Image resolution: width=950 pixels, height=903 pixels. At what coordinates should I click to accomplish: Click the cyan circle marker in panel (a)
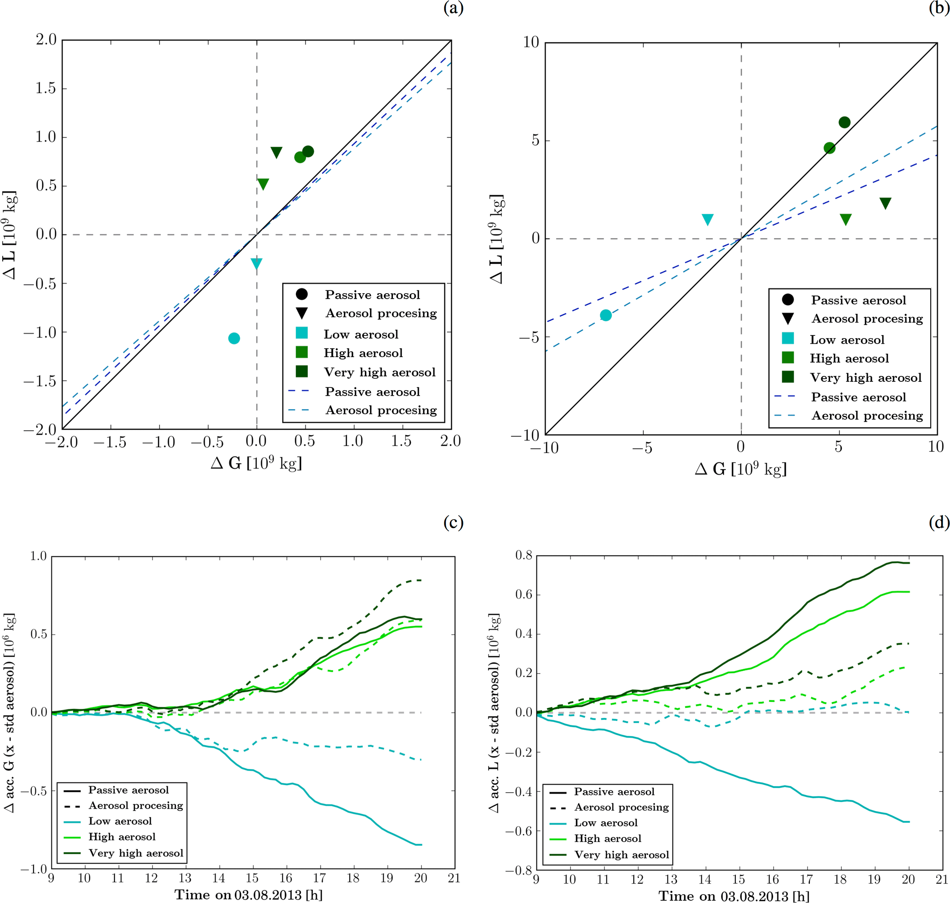(234, 338)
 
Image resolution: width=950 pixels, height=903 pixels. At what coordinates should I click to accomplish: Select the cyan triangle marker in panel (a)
(256, 263)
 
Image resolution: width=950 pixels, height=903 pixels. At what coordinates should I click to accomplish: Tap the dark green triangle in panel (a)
(276, 153)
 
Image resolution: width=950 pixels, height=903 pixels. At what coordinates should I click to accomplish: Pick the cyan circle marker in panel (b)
(606, 315)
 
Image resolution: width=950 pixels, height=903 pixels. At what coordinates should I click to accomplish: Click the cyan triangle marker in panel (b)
(707, 220)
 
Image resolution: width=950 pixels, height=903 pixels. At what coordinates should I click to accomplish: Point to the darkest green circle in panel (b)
(844, 122)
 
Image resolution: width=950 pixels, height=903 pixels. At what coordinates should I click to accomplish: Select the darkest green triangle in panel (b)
(885, 203)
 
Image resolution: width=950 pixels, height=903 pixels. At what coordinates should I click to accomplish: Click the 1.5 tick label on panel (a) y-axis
(46, 89)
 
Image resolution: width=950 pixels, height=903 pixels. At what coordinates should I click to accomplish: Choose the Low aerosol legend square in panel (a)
(302, 333)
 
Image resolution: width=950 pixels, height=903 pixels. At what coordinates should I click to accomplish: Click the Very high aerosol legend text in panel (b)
(865, 378)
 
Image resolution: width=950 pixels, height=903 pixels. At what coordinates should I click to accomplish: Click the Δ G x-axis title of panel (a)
(256, 463)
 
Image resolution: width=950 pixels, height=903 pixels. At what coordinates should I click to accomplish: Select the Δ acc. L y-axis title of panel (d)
(495, 712)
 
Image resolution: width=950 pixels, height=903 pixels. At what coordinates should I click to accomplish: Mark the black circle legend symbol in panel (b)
(788, 300)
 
